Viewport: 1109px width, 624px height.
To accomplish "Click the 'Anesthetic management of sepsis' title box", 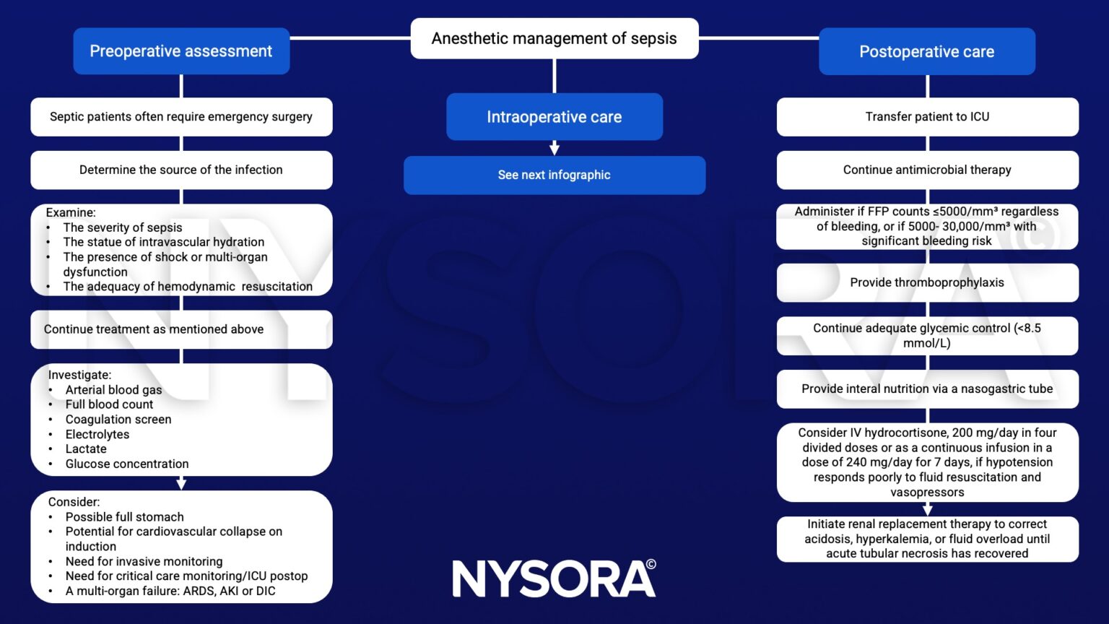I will click(x=554, y=38).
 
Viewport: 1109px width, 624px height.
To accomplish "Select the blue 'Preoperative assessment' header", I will click(x=181, y=51).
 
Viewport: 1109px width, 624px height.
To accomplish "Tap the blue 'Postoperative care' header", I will click(x=926, y=52).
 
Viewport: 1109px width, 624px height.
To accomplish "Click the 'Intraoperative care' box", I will click(x=554, y=117).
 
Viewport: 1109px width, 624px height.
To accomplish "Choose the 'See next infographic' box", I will click(x=554, y=175).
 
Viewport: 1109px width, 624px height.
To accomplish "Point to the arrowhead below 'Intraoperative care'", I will click(x=554, y=149).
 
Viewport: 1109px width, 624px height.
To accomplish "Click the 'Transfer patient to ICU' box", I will click(x=927, y=117).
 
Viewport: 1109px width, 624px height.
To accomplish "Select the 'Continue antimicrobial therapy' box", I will click(x=927, y=170).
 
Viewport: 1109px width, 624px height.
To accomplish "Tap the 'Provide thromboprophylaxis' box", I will click(x=927, y=282).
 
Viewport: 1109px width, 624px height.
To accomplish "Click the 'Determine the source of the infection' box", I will click(x=181, y=170).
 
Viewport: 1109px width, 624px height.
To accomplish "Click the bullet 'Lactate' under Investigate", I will click(x=86, y=449).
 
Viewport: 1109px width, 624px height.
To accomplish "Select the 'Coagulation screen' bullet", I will click(x=118, y=420).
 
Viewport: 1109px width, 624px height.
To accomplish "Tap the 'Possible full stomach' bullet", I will click(x=124, y=517).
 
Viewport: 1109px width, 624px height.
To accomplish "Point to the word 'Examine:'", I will click(x=71, y=212).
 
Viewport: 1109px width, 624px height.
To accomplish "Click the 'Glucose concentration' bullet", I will click(x=127, y=464).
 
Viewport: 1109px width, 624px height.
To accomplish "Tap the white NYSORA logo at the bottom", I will click(x=554, y=578).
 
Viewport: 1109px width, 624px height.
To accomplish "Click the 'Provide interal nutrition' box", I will click(x=927, y=389).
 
